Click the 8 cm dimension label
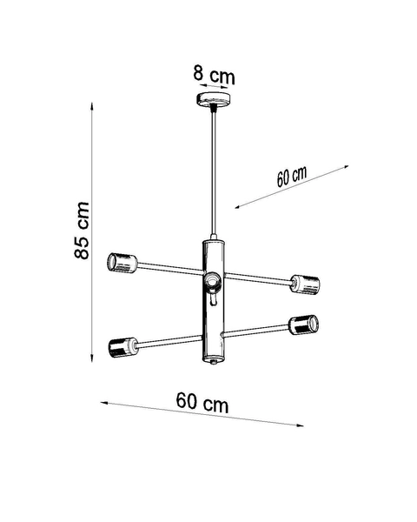click(213, 76)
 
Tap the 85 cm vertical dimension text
click(81, 231)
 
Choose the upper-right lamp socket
click(305, 283)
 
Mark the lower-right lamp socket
click(304, 325)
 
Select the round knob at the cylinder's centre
click(212, 280)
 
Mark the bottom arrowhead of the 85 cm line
click(93, 358)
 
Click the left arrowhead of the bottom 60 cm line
click(103, 404)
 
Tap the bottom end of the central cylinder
click(215, 361)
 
